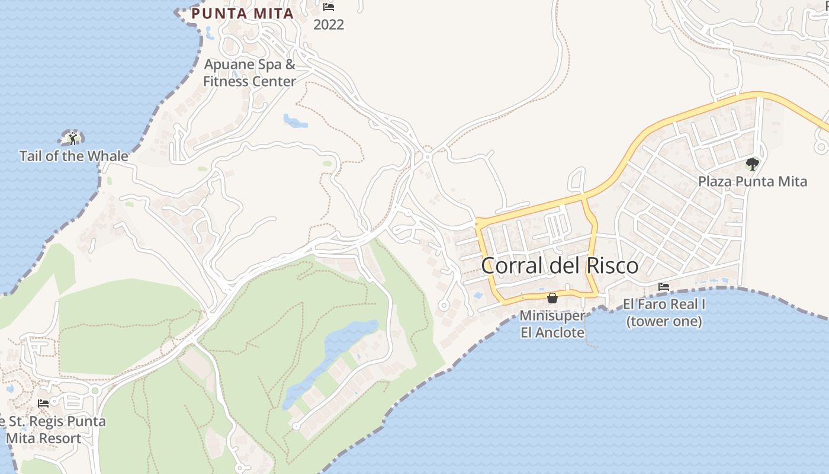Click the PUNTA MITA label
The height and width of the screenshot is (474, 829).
point(243,14)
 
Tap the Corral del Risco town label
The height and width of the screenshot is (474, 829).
point(560,265)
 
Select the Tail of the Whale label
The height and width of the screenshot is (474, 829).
point(74,156)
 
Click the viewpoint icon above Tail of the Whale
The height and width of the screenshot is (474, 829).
point(72,138)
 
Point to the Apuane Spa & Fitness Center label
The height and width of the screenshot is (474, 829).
point(249,73)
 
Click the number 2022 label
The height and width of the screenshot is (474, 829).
point(329,25)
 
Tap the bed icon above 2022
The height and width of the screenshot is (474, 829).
point(329,7)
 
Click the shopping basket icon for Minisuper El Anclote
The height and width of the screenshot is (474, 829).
point(552,298)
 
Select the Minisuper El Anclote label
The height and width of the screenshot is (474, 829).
point(552,324)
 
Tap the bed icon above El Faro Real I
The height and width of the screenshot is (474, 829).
point(664,287)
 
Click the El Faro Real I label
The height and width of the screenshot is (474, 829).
point(664,305)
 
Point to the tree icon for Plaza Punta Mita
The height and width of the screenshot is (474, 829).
point(752,164)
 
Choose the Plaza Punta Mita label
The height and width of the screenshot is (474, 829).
point(752,181)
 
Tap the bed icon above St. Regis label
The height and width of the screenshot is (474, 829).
point(43,403)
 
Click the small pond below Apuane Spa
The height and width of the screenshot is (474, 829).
point(295,121)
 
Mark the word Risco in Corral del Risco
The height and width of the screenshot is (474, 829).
point(612,265)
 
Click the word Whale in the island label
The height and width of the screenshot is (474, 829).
point(109,156)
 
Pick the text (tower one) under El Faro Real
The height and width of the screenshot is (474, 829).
point(664,322)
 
